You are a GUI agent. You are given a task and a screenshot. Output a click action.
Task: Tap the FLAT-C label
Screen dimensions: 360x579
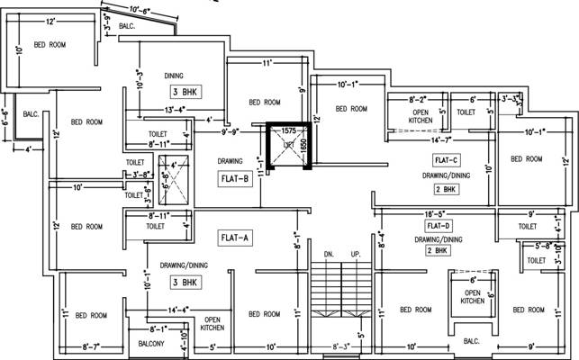coord(447,159)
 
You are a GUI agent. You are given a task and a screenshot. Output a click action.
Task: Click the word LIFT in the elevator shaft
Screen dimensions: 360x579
coord(289,144)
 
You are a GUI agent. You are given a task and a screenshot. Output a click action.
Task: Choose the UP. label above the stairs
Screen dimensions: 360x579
coord(356,255)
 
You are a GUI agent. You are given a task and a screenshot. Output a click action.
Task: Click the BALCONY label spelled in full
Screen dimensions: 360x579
coord(151,344)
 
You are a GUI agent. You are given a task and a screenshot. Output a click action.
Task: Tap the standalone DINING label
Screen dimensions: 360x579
coord(175,75)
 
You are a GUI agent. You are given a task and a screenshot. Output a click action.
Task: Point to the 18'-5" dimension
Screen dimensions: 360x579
coord(438,214)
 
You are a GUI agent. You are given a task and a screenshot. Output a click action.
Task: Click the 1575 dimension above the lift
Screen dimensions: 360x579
coord(289,130)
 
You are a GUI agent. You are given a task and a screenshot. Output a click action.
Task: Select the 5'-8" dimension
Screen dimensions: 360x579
coord(543,245)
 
